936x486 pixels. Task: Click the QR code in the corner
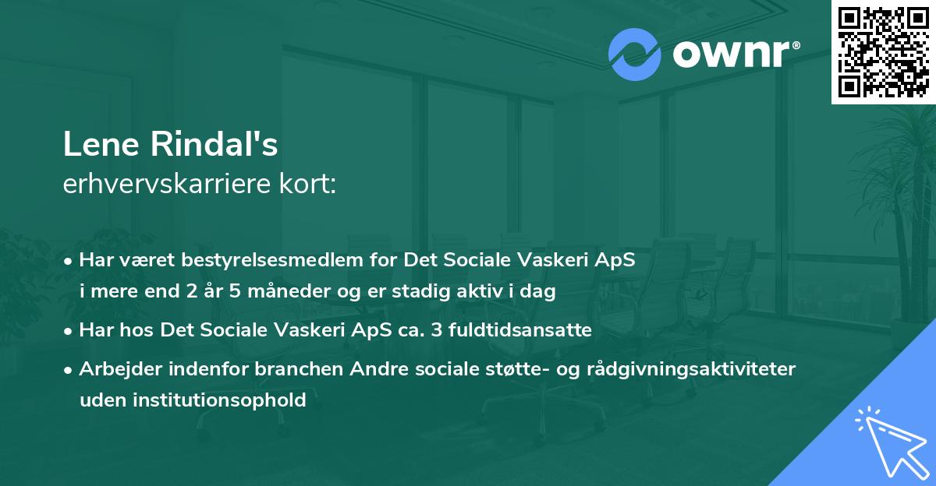tap(883, 51)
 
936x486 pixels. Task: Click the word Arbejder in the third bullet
tap(113, 369)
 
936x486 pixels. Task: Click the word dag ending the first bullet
tap(540, 292)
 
